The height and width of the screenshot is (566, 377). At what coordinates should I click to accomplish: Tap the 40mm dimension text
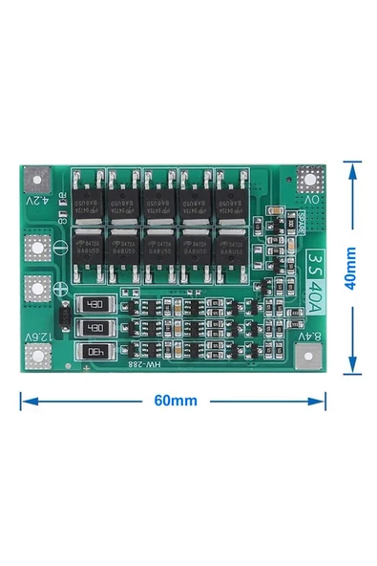point(350,269)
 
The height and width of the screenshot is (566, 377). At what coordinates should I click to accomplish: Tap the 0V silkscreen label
point(311,202)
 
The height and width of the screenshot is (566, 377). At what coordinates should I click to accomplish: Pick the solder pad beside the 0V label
point(310,180)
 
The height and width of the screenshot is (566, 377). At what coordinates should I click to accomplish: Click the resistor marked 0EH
point(94,351)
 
